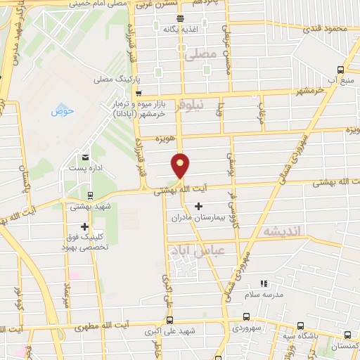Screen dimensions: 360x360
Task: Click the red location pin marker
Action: (x=181, y=166)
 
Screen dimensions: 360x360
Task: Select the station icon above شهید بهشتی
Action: (x=89, y=196)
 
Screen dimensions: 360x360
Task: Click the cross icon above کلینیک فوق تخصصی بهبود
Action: (x=85, y=226)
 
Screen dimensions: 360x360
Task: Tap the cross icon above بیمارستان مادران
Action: (x=198, y=207)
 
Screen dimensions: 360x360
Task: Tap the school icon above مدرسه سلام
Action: (x=264, y=283)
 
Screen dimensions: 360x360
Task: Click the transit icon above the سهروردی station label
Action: (x=246, y=317)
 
